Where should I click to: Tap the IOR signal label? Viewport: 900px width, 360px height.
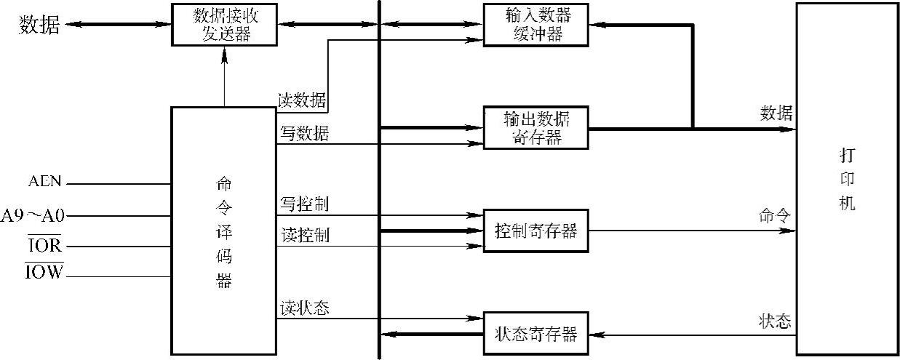(45, 247)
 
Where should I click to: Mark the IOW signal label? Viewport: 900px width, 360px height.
(45, 273)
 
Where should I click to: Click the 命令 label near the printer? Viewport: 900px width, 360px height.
(775, 216)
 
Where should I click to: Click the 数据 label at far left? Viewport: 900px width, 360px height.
(40, 25)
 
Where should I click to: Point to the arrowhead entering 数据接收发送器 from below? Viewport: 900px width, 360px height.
(225, 53)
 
